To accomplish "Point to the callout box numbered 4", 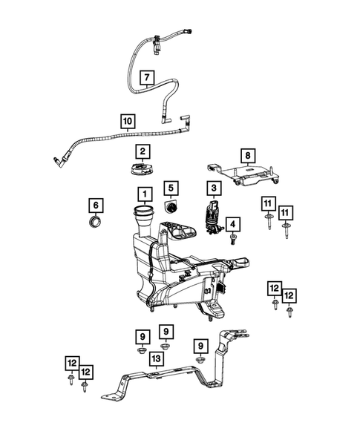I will coord(232,223).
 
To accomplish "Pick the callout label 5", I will coord(171,188).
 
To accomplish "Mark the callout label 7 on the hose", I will coord(146,77).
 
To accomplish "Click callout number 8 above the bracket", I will coord(248,157).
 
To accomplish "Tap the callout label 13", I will coord(156,359).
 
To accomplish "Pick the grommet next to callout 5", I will coord(170,205).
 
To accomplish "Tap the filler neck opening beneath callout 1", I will coord(142,214).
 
